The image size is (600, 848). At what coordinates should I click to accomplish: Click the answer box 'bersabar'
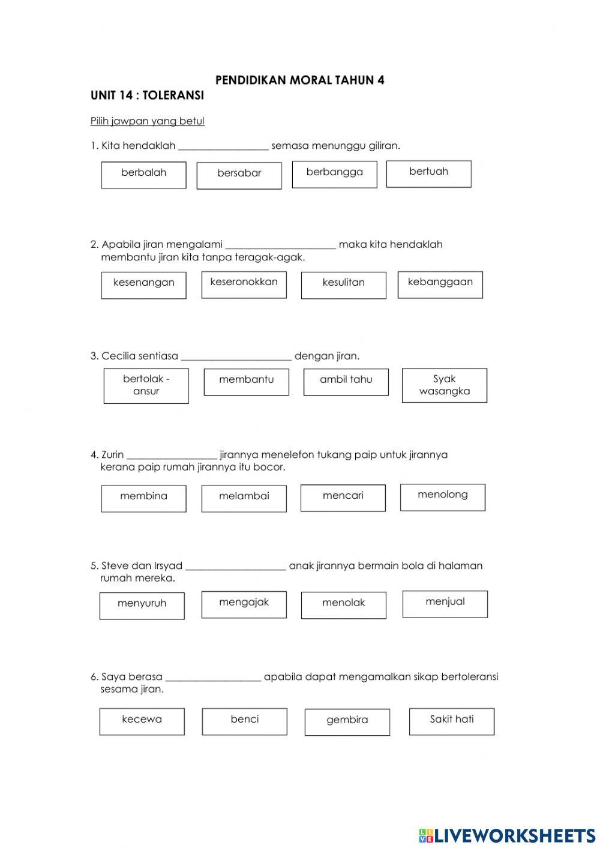pos(239,175)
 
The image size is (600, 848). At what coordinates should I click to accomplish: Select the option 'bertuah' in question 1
pos(428,173)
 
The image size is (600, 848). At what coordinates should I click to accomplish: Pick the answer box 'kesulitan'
pos(343,284)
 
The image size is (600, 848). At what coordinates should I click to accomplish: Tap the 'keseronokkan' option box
pos(244,284)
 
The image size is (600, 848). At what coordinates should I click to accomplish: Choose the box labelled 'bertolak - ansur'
pos(146,385)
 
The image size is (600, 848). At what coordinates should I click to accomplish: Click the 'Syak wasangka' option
pos(444,385)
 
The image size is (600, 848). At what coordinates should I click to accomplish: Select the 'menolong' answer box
pos(442,497)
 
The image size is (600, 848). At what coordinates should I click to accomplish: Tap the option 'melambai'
pos(244,498)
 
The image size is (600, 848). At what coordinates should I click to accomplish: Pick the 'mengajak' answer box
pos(244,604)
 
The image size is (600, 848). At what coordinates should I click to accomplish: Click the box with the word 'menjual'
pos(445,604)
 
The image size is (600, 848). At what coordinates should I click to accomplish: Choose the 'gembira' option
pos(347,722)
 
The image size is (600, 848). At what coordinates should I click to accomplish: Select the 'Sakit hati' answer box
pos(451,721)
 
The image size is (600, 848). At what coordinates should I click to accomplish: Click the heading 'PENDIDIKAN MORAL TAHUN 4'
pos(299,80)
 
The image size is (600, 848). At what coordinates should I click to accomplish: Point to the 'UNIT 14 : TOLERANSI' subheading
pos(147,95)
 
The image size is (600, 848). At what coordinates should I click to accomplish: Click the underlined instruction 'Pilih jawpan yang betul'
pos(147,121)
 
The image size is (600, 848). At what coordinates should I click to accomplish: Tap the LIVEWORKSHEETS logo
pos(506,835)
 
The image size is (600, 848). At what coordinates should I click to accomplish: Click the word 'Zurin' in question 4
pos(112,455)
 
